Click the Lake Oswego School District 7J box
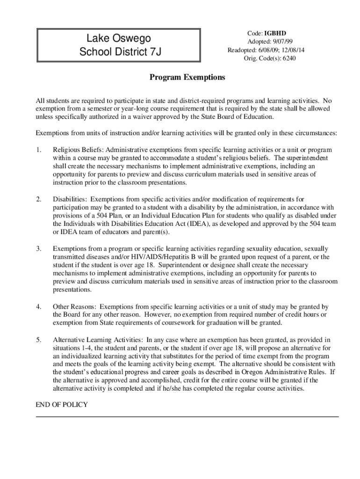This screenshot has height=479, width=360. point(119,45)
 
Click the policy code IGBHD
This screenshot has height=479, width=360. point(275,33)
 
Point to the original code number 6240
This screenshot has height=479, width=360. point(288,58)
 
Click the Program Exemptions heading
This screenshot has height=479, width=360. point(187,77)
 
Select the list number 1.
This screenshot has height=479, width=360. point(39,150)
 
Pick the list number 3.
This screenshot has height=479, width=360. point(39,248)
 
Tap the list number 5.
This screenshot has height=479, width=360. point(39,339)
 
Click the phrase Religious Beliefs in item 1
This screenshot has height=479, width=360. point(79,150)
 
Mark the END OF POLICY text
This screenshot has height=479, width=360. point(62,405)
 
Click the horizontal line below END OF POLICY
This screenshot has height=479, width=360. point(187,416)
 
